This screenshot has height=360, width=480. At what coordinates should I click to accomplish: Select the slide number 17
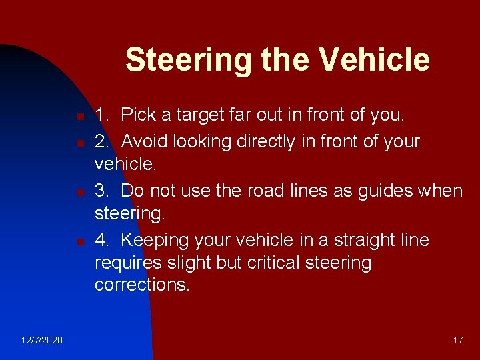pyautogui.click(x=457, y=340)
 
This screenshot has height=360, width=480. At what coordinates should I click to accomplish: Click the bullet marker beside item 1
pyautogui.click(x=79, y=117)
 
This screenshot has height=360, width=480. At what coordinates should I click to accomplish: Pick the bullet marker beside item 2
pyautogui.click(x=79, y=143)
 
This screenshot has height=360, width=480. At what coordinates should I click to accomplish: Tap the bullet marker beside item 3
pyautogui.click(x=79, y=193)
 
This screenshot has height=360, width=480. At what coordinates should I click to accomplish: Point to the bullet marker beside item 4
pyautogui.click(x=79, y=241)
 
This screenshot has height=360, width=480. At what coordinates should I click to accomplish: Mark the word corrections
pyautogui.click(x=142, y=285)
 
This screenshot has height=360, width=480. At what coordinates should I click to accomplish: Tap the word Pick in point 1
pyautogui.click(x=138, y=115)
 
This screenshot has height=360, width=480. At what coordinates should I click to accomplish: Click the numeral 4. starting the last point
pyautogui.click(x=102, y=239)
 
